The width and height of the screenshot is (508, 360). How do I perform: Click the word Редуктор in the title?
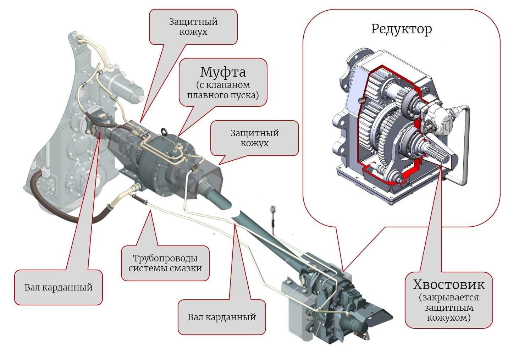[401, 29]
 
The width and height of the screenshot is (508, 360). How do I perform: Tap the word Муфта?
[222, 72]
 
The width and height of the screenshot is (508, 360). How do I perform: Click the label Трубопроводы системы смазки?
[165, 263]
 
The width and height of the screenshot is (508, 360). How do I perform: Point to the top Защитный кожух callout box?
[193, 27]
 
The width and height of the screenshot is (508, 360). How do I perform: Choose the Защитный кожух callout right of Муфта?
[254, 138]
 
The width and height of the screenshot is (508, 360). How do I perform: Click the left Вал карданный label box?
[58, 287]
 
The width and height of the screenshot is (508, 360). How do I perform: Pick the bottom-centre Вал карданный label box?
[221, 317]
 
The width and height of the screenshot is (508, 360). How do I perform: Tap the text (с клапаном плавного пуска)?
[222, 90]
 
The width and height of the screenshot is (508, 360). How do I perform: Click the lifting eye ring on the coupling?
[165, 131]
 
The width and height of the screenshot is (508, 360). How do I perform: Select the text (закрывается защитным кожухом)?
[448, 307]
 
